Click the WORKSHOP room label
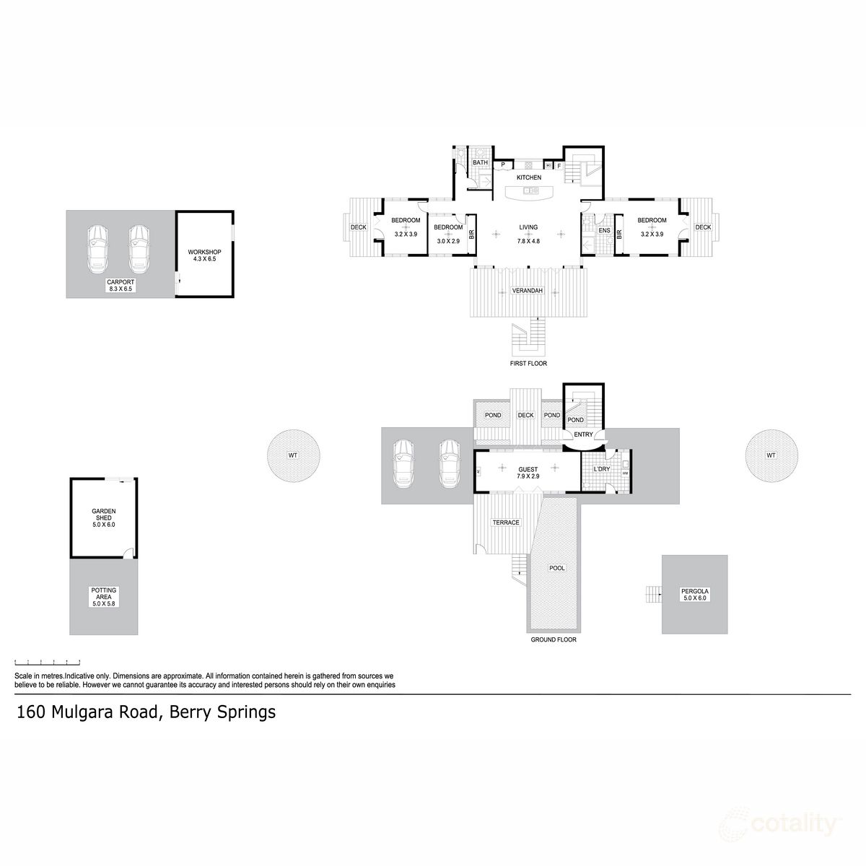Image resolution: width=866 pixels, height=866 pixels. coord(204,252)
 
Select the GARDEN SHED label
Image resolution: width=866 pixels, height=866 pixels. coord(103,515)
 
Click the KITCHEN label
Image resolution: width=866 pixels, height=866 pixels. coord(528,178)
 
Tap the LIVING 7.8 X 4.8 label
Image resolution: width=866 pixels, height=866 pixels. coord(528,234)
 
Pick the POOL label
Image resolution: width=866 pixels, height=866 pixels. coord(556,568)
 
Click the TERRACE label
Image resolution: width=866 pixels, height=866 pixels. coord(506,522)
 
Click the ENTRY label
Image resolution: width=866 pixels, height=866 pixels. coord(583,434)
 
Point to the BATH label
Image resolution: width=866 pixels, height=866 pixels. coord(480,163)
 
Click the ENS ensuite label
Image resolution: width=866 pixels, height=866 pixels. coord(604,231)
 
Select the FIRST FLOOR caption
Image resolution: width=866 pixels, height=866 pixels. coord(528,364)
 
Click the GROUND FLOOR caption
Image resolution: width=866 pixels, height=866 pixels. coord(554,639)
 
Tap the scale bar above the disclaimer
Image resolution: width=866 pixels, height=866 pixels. coord(48,662)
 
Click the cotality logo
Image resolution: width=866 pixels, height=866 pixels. coord(782,824)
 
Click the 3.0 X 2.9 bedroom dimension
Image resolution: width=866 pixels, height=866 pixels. coord(447,240)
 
